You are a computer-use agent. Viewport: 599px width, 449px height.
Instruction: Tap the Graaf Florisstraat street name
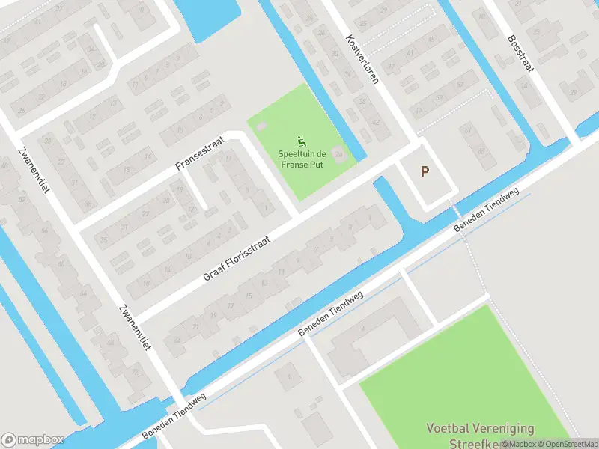pos(235,255)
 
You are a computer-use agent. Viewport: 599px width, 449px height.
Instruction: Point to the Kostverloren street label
pos(362,58)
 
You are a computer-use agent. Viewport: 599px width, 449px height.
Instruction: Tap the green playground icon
pos(301,141)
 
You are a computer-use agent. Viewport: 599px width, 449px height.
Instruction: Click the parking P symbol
pos(425,172)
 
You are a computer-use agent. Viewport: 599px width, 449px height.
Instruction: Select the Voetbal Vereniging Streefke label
pos(480,435)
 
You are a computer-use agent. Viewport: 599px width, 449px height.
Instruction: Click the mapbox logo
pos(32,439)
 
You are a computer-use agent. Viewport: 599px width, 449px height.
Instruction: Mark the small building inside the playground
pos(339,155)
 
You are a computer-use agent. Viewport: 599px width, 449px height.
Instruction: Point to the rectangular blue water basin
pos(207,18)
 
